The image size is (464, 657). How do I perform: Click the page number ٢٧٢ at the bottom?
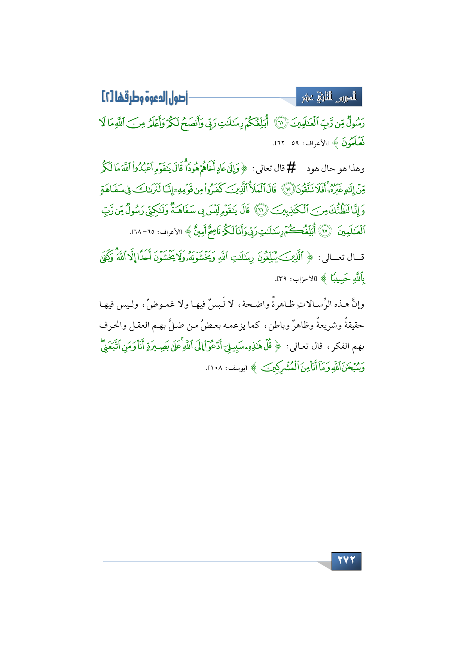[346, 561]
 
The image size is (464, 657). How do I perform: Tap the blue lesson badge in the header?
[329, 97]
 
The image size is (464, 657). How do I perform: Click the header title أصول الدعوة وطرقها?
[144, 97]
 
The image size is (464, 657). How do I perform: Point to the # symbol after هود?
[291, 168]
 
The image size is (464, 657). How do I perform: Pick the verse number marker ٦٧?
[325, 231]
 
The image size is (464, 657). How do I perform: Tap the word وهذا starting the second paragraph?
[356, 169]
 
